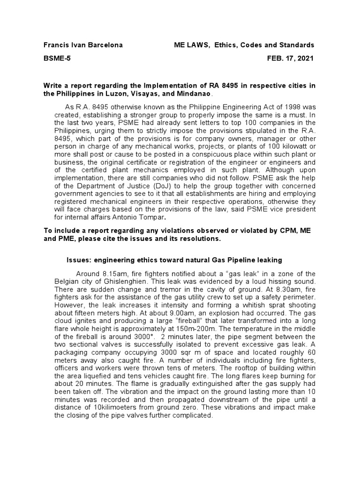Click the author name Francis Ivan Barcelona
click(83, 45)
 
